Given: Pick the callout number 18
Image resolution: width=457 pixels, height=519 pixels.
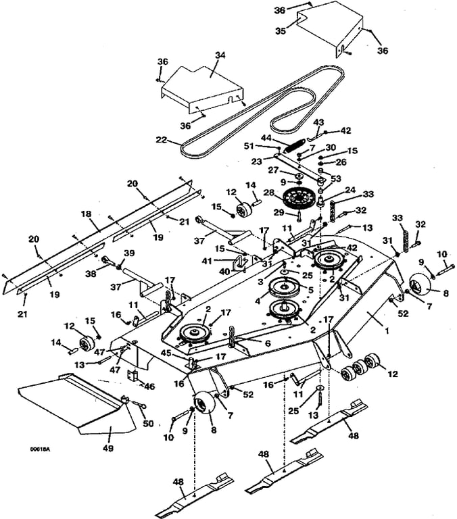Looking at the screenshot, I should [x=86, y=214].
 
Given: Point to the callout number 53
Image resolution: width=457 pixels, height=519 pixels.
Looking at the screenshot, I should [x=336, y=178].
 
